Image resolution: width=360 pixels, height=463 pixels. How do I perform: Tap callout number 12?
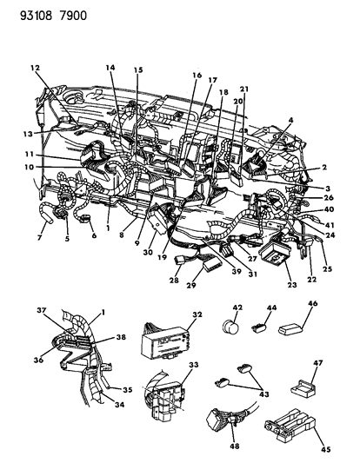tap(35, 68)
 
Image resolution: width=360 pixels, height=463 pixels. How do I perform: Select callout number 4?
tap(290, 121)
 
